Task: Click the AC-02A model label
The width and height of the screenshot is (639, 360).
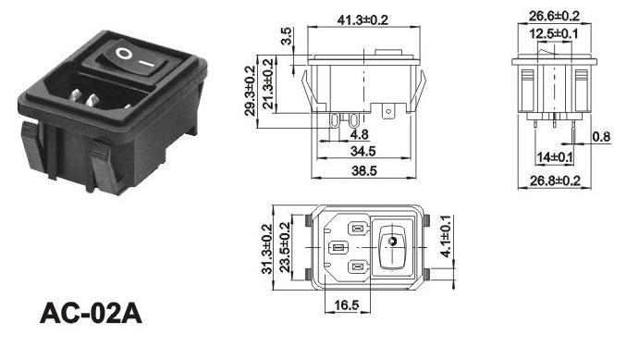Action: pyautogui.click(x=91, y=314)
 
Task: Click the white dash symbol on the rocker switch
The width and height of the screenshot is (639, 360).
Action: pyautogui.click(x=146, y=64)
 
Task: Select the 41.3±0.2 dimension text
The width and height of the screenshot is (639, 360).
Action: pyautogui.click(x=363, y=19)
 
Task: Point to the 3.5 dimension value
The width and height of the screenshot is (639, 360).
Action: pyautogui.click(x=287, y=36)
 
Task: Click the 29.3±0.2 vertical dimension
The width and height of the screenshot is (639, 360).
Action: pyautogui.click(x=251, y=91)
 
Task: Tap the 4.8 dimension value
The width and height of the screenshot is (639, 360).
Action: pyautogui.click(x=360, y=134)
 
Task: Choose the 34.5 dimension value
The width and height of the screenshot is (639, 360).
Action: pyautogui.click(x=363, y=151)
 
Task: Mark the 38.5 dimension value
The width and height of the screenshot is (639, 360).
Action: pyautogui.click(x=364, y=170)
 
